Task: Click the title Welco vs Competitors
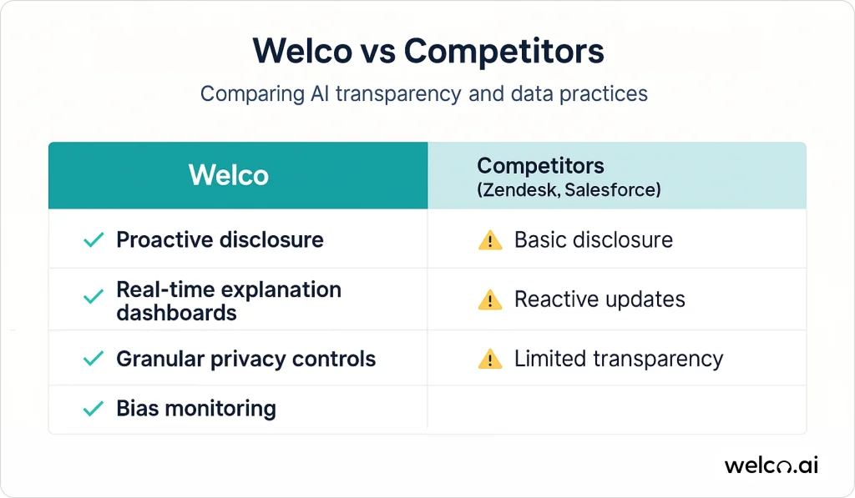coord(428,52)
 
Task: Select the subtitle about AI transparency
coord(423,93)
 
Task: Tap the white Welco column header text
coord(229,175)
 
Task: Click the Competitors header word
coord(540,166)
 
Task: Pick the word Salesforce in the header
coord(610,190)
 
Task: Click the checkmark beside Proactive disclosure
coord(94,239)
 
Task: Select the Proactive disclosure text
coord(220,239)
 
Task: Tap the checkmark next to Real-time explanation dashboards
coord(94,297)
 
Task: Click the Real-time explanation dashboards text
coord(229,301)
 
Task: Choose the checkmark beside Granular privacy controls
coord(94,359)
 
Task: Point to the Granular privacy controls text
coord(246,359)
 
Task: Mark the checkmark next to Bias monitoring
coord(94,408)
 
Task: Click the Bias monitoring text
coord(196,409)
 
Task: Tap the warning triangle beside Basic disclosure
coord(490,240)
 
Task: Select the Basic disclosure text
coord(594,239)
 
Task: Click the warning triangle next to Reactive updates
coord(490,299)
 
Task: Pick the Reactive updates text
coord(600,299)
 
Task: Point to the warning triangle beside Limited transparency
coord(490,359)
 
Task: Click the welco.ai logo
coord(771,465)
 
